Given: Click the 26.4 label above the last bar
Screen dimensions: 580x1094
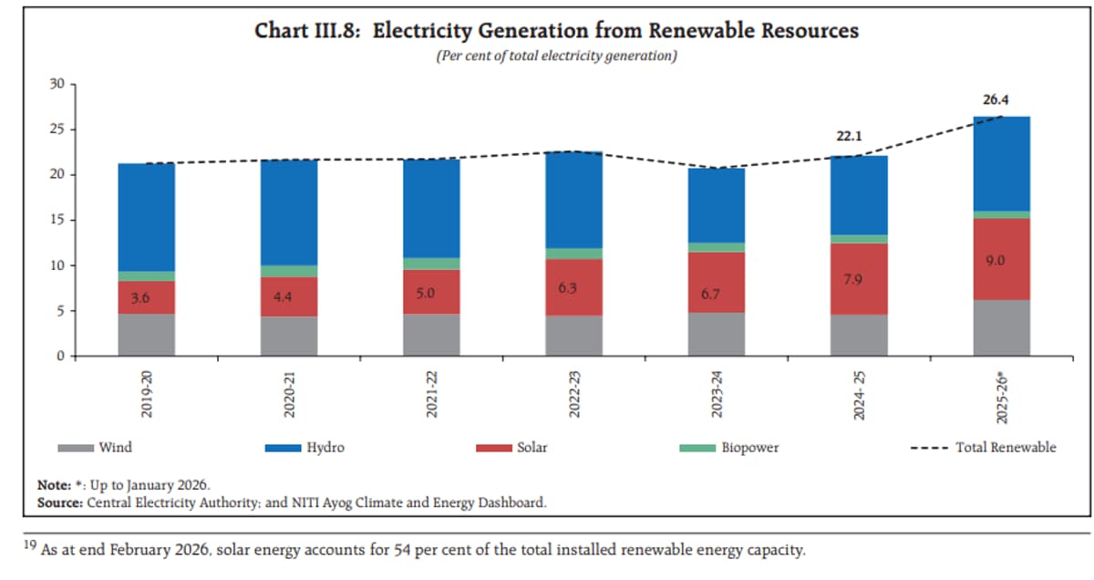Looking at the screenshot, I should coord(1001,99).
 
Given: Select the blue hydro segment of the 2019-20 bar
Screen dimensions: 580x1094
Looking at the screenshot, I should coord(146,217).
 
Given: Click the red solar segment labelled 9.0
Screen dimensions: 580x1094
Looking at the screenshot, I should coord(1001,259).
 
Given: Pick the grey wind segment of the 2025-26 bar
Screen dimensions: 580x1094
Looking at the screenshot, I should coord(1001,327).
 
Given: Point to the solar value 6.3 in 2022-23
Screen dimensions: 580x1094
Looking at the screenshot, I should coord(573,288).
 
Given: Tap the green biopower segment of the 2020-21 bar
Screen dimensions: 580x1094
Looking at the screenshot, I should coord(289,271).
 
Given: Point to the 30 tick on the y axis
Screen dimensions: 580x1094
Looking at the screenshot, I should coord(57,85).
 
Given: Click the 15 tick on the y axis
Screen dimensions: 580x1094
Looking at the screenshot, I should coord(57,220).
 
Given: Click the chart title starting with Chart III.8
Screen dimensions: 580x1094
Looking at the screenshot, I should coord(556,31).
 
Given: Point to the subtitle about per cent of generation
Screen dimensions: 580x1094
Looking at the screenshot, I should coord(556,57).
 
